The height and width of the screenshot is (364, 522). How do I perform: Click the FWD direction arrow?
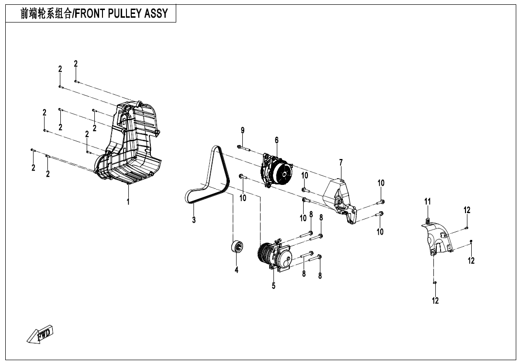tap(41, 334)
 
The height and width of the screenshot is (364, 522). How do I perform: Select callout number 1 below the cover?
tap(128, 202)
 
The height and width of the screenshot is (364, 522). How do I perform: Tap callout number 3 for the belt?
tap(194, 220)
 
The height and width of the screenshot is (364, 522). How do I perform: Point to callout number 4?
tap(237, 270)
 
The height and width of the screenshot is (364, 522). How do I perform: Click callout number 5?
tap(274, 286)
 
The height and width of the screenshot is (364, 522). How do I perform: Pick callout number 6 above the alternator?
tap(277, 140)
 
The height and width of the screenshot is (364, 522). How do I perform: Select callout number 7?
tap(341, 163)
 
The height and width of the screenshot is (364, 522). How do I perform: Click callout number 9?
tap(243, 130)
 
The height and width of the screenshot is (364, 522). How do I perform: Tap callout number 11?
tap(428, 202)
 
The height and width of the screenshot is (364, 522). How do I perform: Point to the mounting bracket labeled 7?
tap(341, 201)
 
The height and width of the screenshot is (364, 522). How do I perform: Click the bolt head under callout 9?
tap(239, 147)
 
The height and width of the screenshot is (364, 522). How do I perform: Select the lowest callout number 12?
tap(435, 301)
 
